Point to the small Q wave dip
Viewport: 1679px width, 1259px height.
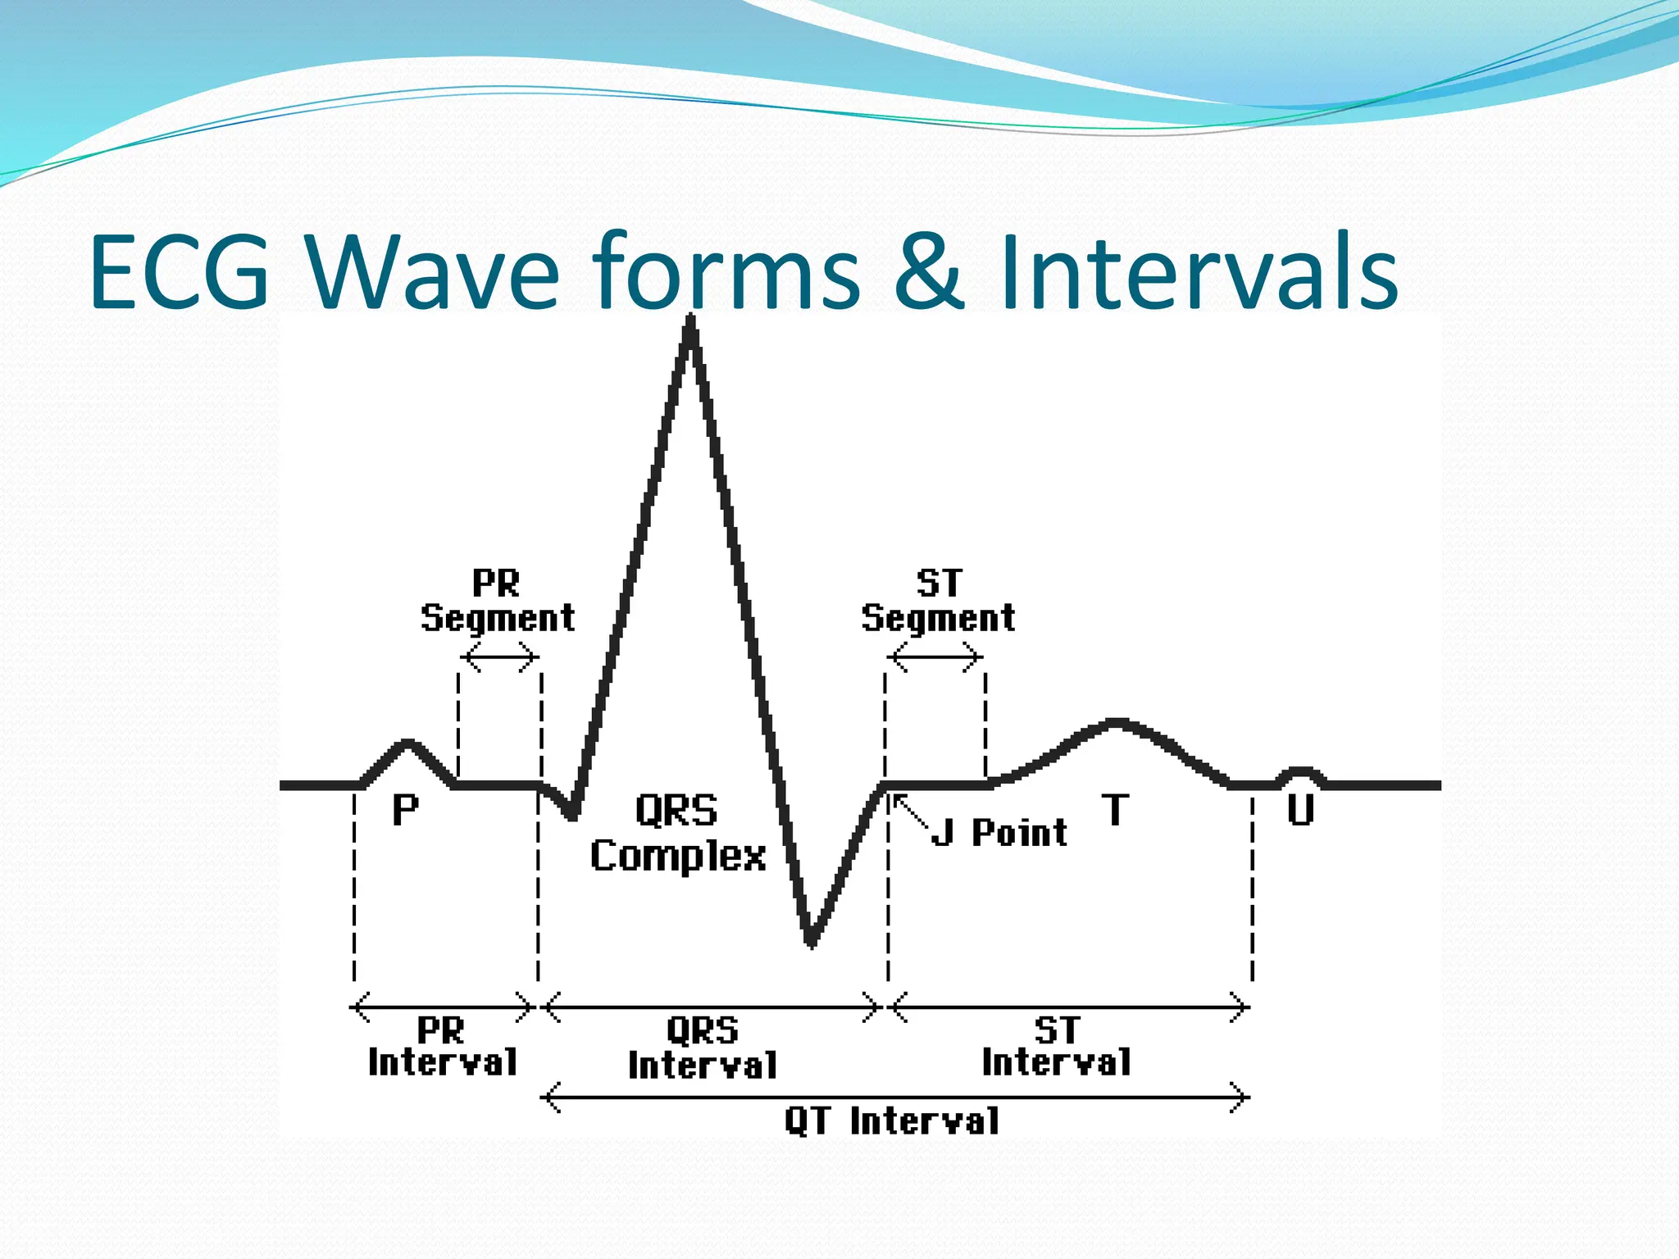coord(572,814)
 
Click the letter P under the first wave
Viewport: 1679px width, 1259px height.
coord(405,811)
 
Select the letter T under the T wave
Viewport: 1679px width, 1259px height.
coord(1115,810)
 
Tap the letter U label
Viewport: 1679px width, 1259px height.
coord(1300,810)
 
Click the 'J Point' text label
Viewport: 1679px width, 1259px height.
coord(1000,833)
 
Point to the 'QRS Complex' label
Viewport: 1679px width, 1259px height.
coord(678,833)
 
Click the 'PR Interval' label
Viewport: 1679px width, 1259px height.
coord(443,1047)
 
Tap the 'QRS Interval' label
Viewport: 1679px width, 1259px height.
coord(703,1048)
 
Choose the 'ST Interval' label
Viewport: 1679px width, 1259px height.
coord(1057,1047)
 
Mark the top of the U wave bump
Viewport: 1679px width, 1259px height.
coord(1299,770)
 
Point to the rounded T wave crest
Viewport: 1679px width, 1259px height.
coord(1117,723)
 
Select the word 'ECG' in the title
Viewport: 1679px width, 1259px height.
coord(180,272)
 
